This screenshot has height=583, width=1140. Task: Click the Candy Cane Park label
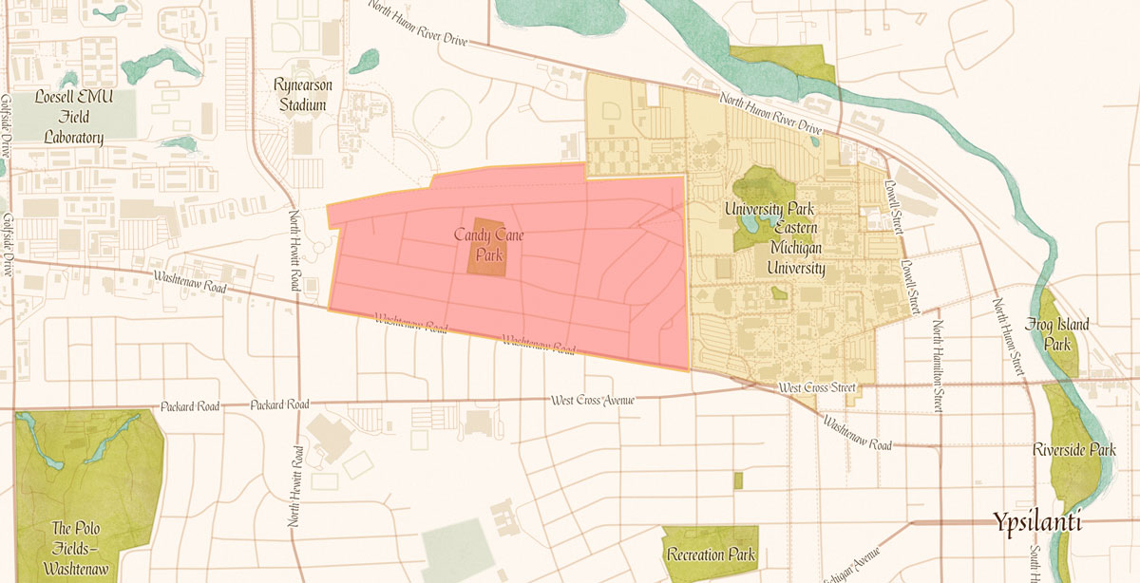[x=489, y=242]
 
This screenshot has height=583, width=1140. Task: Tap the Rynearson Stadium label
[x=302, y=95]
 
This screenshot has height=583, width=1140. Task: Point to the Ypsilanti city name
[x=1037, y=521]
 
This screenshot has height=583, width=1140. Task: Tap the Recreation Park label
[x=711, y=555]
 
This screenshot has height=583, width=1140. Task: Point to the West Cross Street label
[x=817, y=388]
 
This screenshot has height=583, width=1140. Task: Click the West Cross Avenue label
[x=591, y=400]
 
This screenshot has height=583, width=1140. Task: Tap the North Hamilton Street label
[x=938, y=367]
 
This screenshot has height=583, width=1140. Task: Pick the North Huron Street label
[x=1008, y=337]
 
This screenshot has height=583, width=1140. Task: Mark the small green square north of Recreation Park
[x=737, y=480]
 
